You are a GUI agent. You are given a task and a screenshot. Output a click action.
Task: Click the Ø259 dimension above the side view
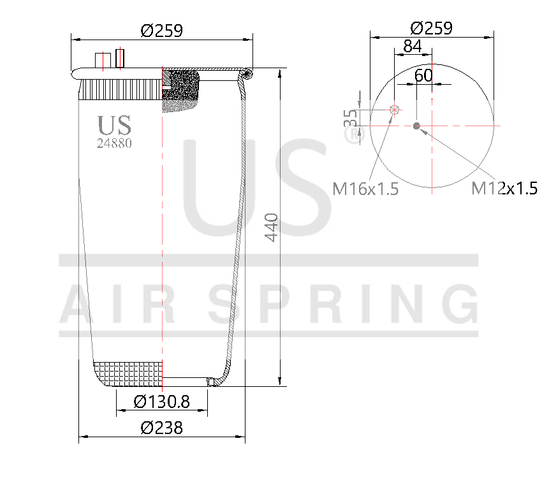162,30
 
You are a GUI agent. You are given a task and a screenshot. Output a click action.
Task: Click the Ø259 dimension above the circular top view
431,28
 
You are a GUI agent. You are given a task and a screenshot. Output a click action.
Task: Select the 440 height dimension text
272,227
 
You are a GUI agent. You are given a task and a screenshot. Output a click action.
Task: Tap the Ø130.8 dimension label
162,402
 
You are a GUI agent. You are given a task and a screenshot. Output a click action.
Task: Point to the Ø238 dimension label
161,428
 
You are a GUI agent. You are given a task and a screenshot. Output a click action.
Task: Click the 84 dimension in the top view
413,47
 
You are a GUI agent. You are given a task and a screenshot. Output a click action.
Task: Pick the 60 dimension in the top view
423,75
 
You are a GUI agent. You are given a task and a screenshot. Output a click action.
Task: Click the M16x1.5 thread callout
365,189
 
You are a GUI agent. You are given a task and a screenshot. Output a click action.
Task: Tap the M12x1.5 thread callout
504,188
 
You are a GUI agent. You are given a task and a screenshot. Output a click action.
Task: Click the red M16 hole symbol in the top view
395,110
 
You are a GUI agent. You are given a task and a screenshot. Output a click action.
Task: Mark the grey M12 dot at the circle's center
416,126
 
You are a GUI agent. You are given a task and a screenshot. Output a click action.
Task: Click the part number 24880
114,143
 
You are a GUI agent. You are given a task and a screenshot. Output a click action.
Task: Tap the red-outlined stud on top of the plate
119,58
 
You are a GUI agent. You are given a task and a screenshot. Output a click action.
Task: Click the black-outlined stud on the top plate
101,61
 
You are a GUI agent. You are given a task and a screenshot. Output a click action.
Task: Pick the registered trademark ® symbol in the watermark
351,135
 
